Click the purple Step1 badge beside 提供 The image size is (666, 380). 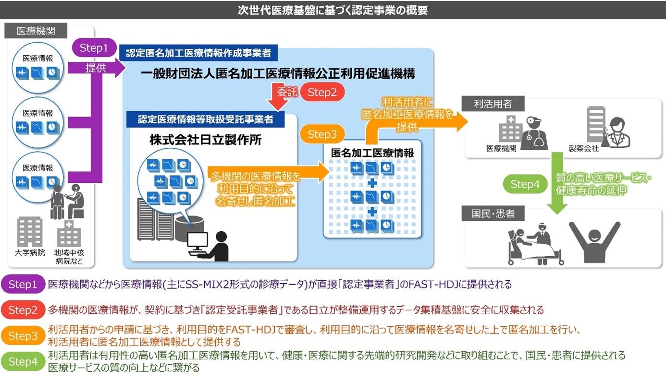pyautogui.click(x=94, y=48)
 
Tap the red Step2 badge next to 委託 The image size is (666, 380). pyautogui.click(x=322, y=93)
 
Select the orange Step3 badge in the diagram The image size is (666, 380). pyautogui.click(x=322, y=135)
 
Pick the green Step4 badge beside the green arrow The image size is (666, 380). pyautogui.click(x=525, y=184)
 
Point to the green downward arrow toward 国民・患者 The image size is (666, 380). pyautogui.click(x=557, y=182)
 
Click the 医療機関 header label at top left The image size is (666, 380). pyautogui.click(x=36, y=32)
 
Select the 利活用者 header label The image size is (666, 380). pyautogui.click(x=493, y=104)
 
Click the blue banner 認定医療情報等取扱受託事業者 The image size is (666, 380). pyautogui.click(x=206, y=119)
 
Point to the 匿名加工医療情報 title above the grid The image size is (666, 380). pyautogui.click(x=372, y=153)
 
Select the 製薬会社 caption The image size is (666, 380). pyautogui.click(x=584, y=149)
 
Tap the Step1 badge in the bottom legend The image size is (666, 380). pyautogui.click(x=23, y=285)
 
